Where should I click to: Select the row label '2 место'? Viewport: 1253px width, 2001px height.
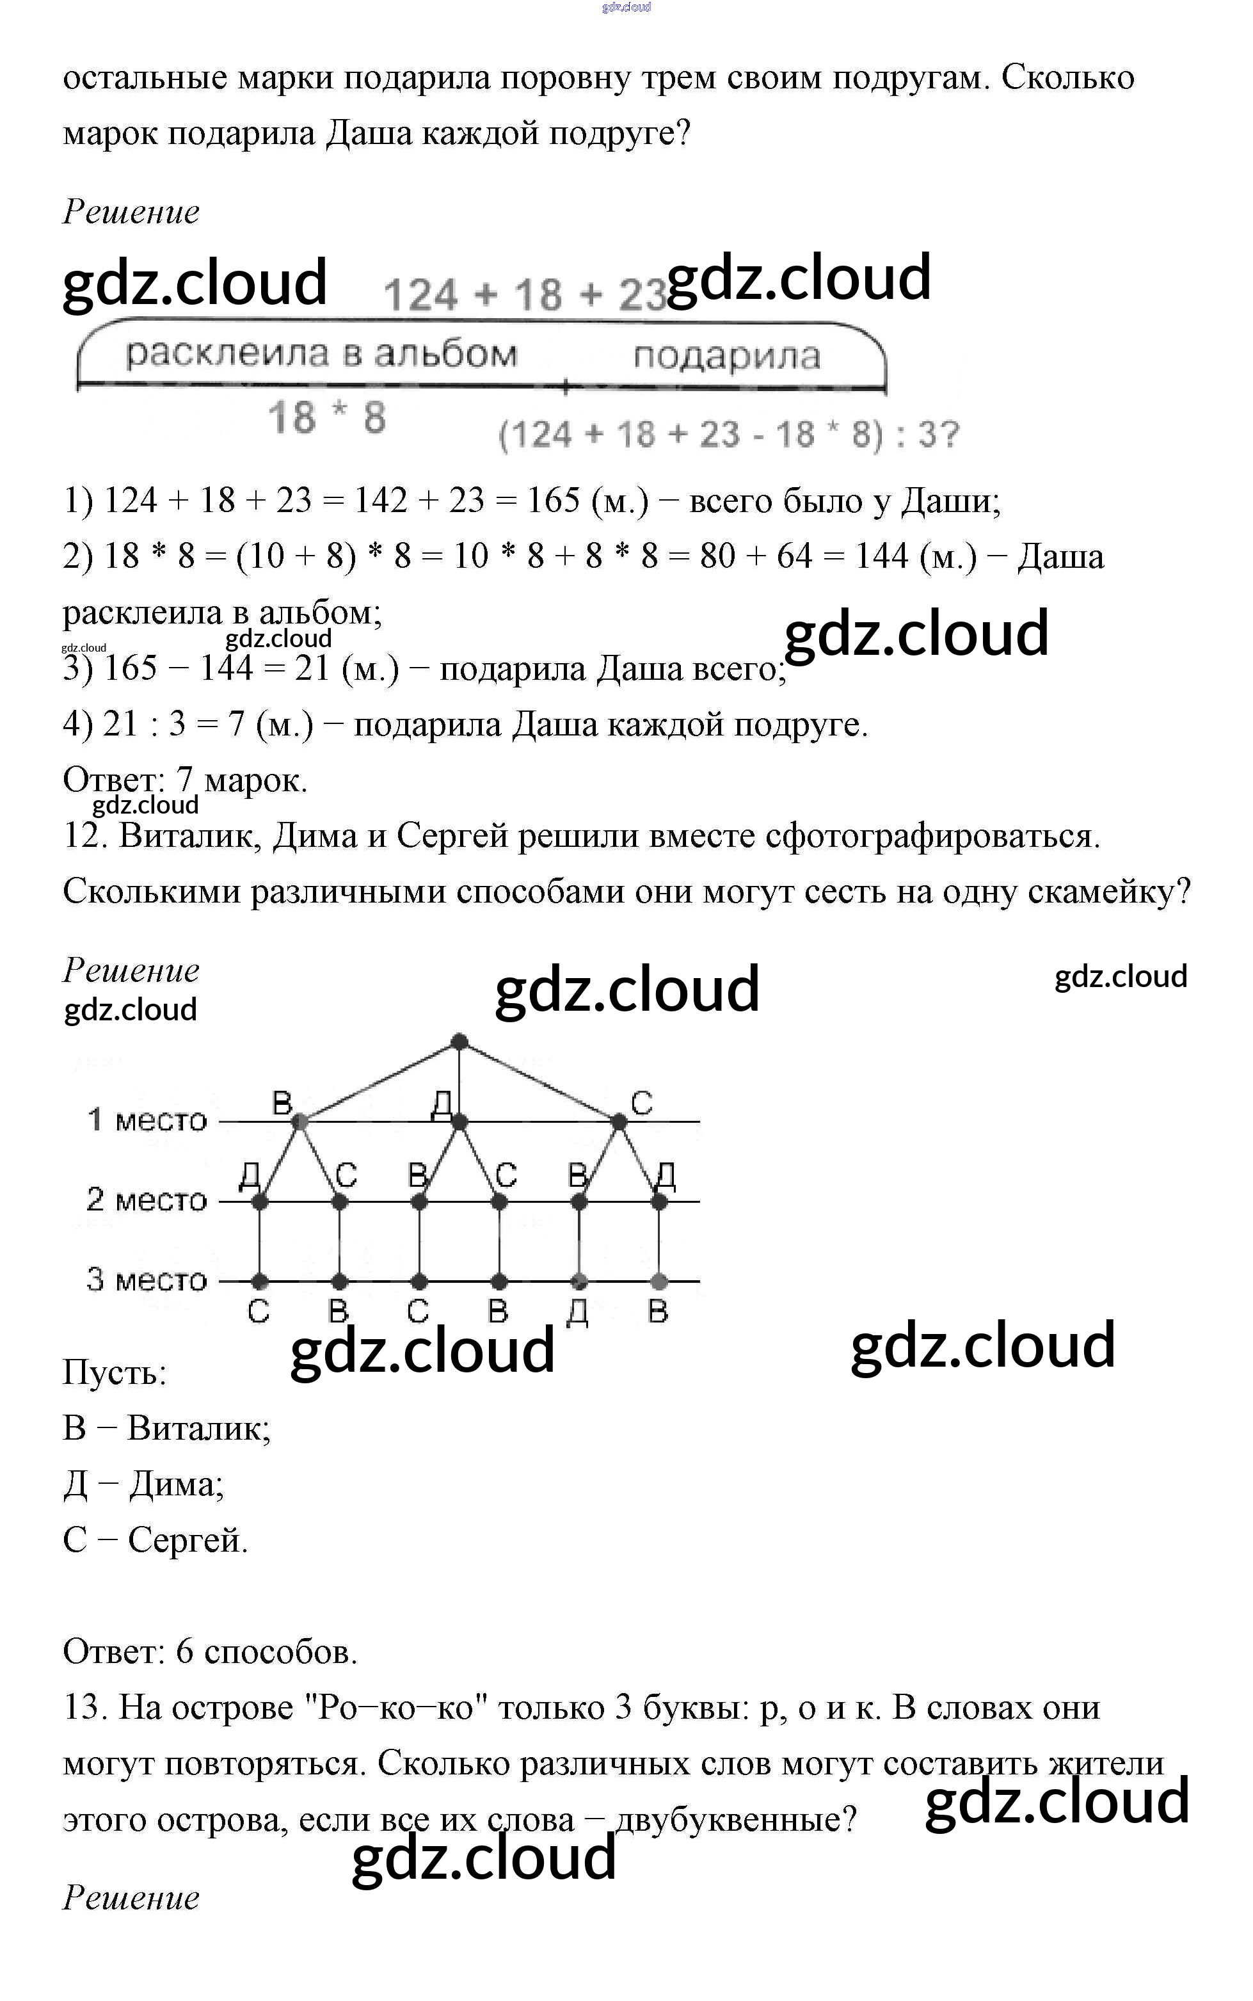click(147, 1200)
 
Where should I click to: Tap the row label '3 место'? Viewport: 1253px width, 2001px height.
click(147, 1279)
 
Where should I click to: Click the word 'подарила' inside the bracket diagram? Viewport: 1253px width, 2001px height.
click(727, 356)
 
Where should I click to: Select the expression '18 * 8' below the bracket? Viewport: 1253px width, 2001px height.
click(328, 417)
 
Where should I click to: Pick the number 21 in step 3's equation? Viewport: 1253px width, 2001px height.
click(312, 668)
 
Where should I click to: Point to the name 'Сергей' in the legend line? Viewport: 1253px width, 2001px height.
click(188, 1540)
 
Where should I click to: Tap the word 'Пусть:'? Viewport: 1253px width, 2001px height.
click(115, 1372)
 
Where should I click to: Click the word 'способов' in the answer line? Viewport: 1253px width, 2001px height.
click(280, 1652)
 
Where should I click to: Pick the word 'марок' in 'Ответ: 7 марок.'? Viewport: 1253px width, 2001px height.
click(255, 780)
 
